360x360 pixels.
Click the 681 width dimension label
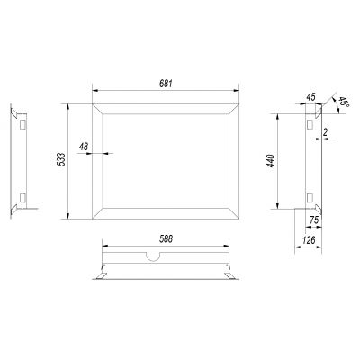coord(166,84)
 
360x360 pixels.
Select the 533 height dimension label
coord(61,159)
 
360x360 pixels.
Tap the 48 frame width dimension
coord(84,147)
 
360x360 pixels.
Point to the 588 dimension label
coord(166,239)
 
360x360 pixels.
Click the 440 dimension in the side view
coord(271,161)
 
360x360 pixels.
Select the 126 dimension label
coord(309,240)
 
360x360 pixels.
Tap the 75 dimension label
coord(314,220)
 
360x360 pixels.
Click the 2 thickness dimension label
coord(325,132)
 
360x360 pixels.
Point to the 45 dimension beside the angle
coord(310,97)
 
